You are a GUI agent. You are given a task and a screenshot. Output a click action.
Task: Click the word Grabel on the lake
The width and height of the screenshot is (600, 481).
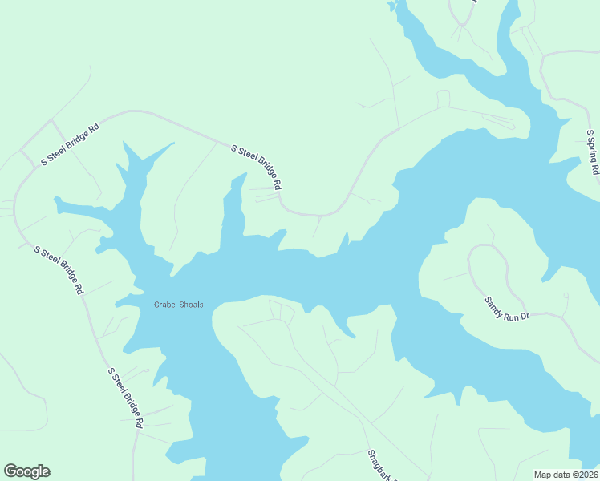[166, 305]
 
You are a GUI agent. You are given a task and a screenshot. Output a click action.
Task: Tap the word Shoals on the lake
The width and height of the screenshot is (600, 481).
[191, 305]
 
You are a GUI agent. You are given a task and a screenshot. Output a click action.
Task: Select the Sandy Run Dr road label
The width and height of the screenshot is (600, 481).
[507, 309]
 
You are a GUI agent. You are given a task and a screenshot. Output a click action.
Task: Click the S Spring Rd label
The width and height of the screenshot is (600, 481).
[593, 152]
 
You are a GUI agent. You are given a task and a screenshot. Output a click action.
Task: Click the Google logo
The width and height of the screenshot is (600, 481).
[26, 471]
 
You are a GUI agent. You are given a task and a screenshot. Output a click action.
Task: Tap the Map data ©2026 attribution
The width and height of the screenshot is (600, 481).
[566, 475]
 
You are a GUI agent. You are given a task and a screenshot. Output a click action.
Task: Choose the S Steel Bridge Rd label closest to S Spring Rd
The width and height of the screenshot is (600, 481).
[257, 167]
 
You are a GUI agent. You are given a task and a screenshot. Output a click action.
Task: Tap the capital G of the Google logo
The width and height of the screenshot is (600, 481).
[10, 471]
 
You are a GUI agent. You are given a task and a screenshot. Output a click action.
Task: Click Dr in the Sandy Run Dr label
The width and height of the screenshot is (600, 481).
[525, 317]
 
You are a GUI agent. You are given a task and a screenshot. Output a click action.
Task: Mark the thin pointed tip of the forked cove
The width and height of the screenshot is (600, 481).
[172, 144]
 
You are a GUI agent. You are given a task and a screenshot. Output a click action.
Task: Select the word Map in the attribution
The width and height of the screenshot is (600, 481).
[541, 475]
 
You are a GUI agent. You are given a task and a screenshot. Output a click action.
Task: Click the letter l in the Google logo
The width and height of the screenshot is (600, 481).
[39, 471]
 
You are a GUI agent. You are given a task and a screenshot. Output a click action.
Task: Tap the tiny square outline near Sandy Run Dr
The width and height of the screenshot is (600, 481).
[566, 295]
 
